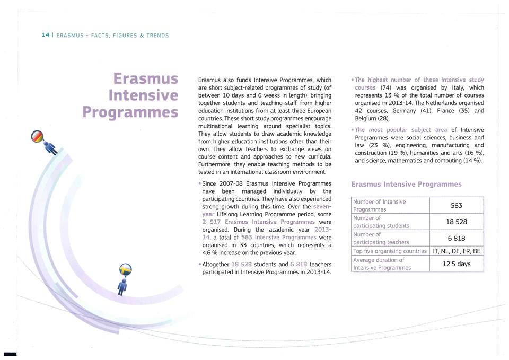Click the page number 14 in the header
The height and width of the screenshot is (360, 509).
45,35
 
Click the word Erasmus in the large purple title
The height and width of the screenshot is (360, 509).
146,79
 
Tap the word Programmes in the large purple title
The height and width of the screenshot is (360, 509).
130,112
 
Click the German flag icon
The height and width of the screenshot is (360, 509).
38,136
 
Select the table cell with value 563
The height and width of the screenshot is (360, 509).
456,205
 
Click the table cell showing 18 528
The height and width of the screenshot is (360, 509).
456,221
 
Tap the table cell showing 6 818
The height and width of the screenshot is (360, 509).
456,238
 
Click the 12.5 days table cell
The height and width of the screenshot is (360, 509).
456,264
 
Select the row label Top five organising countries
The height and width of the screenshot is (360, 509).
390,251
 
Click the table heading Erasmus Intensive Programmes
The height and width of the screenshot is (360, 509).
406,185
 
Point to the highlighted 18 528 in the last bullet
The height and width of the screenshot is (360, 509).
244,264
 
